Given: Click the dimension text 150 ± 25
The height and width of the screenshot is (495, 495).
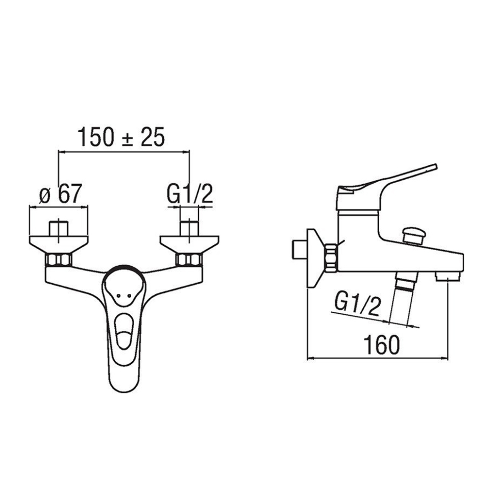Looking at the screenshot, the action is [121, 137].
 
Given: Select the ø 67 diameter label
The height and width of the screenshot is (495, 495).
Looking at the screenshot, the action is [60, 193].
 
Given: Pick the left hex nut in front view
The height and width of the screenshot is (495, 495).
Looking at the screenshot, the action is [59, 260].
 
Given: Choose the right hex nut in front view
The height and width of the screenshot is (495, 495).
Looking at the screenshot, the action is [189, 260].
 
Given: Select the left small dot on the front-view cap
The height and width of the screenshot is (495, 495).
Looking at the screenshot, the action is [118, 296].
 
